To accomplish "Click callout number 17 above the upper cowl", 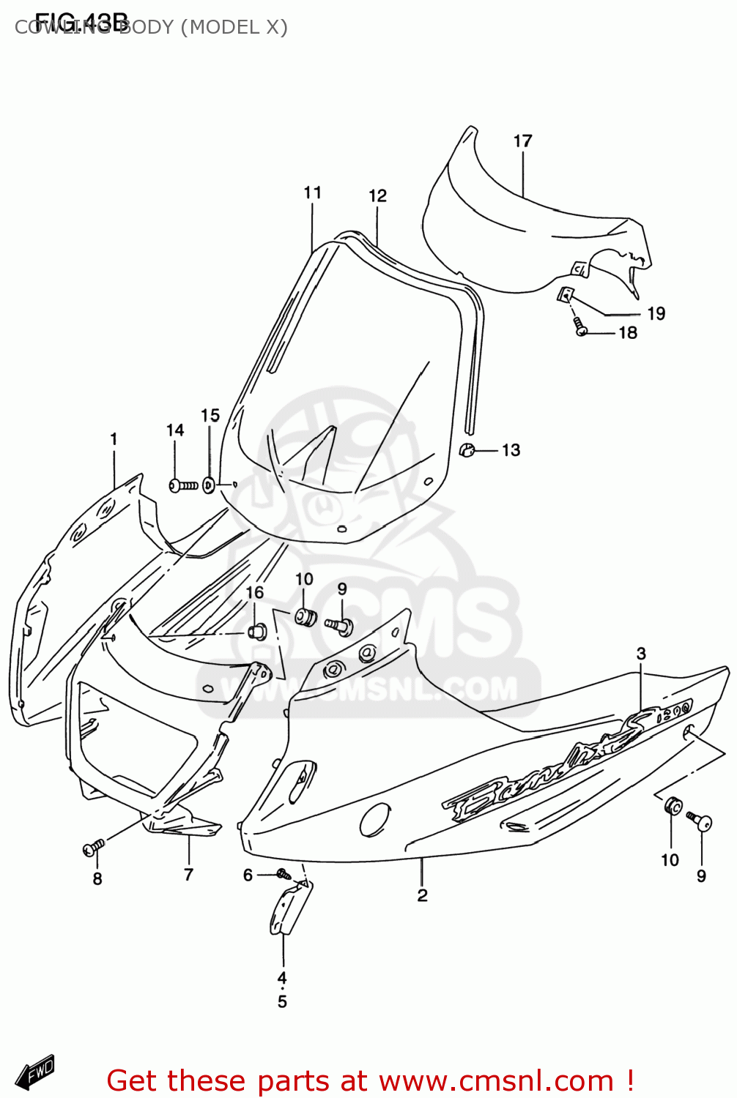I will click(x=522, y=141).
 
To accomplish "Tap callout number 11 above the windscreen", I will click(x=313, y=193).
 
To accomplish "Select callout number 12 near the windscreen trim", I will click(x=377, y=195).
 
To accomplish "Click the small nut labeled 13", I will click(x=467, y=449).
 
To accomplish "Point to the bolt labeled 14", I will click(x=182, y=485).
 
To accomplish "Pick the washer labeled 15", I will click(x=209, y=485).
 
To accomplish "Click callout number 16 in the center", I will click(x=254, y=592).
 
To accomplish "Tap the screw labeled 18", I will click(x=579, y=326).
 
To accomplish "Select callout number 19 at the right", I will click(x=656, y=313).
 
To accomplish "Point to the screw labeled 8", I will click(x=93, y=848).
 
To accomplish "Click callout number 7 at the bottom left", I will click(x=188, y=874).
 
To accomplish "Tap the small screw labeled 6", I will click(x=283, y=873).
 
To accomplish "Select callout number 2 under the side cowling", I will click(x=422, y=895).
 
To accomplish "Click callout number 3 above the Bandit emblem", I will click(x=641, y=654).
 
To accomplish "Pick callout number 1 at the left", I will click(x=114, y=439).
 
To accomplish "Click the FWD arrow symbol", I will click(x=34, y=1073).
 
